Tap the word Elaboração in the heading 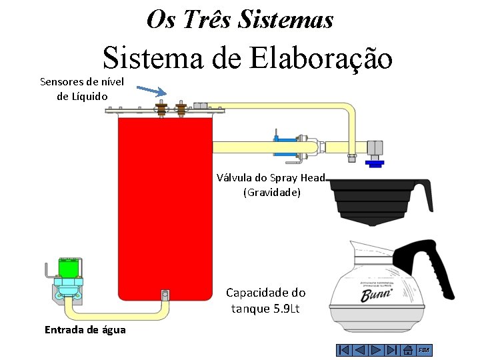[x=321, y=59]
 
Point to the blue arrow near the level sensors [x=151, y=91]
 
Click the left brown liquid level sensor [x=161, y=109]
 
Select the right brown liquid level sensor [x=180, y=109]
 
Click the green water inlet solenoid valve [x=68, y=268]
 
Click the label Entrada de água [x=85, y=329]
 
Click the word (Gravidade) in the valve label [x=272, y=193]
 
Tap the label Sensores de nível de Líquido [x=77, y=89]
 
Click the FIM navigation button [x=424, y=350]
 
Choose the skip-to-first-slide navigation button [x=343, y=350]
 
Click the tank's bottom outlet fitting [x=165, y=295]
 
